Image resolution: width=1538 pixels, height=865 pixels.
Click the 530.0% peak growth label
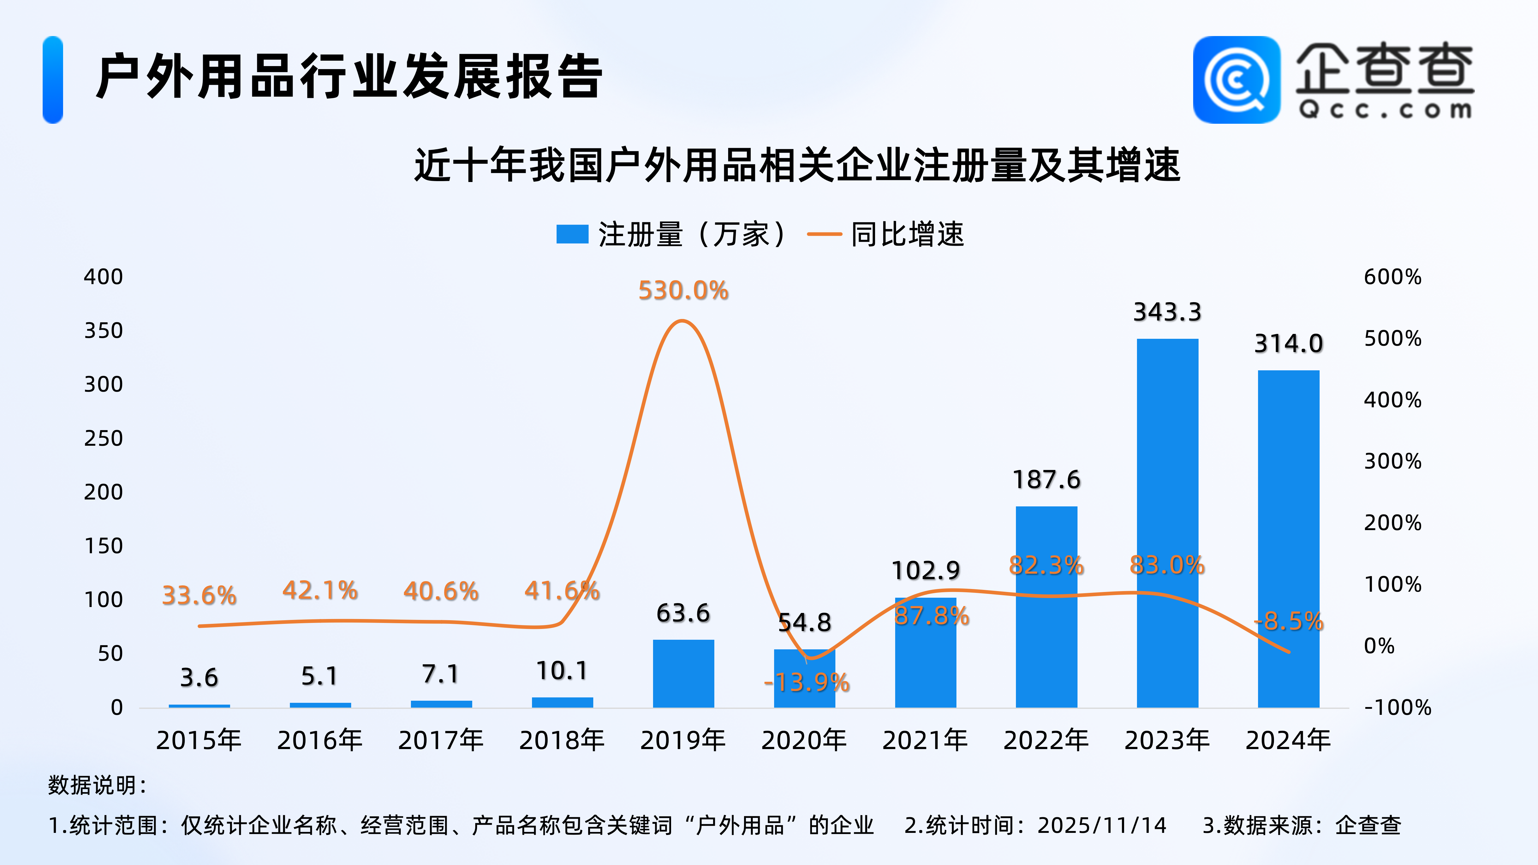683,291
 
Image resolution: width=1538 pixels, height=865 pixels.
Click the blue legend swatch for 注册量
572,234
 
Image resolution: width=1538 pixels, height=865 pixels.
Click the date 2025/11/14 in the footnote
1102,826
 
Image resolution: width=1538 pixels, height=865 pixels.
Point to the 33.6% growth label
199,595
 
